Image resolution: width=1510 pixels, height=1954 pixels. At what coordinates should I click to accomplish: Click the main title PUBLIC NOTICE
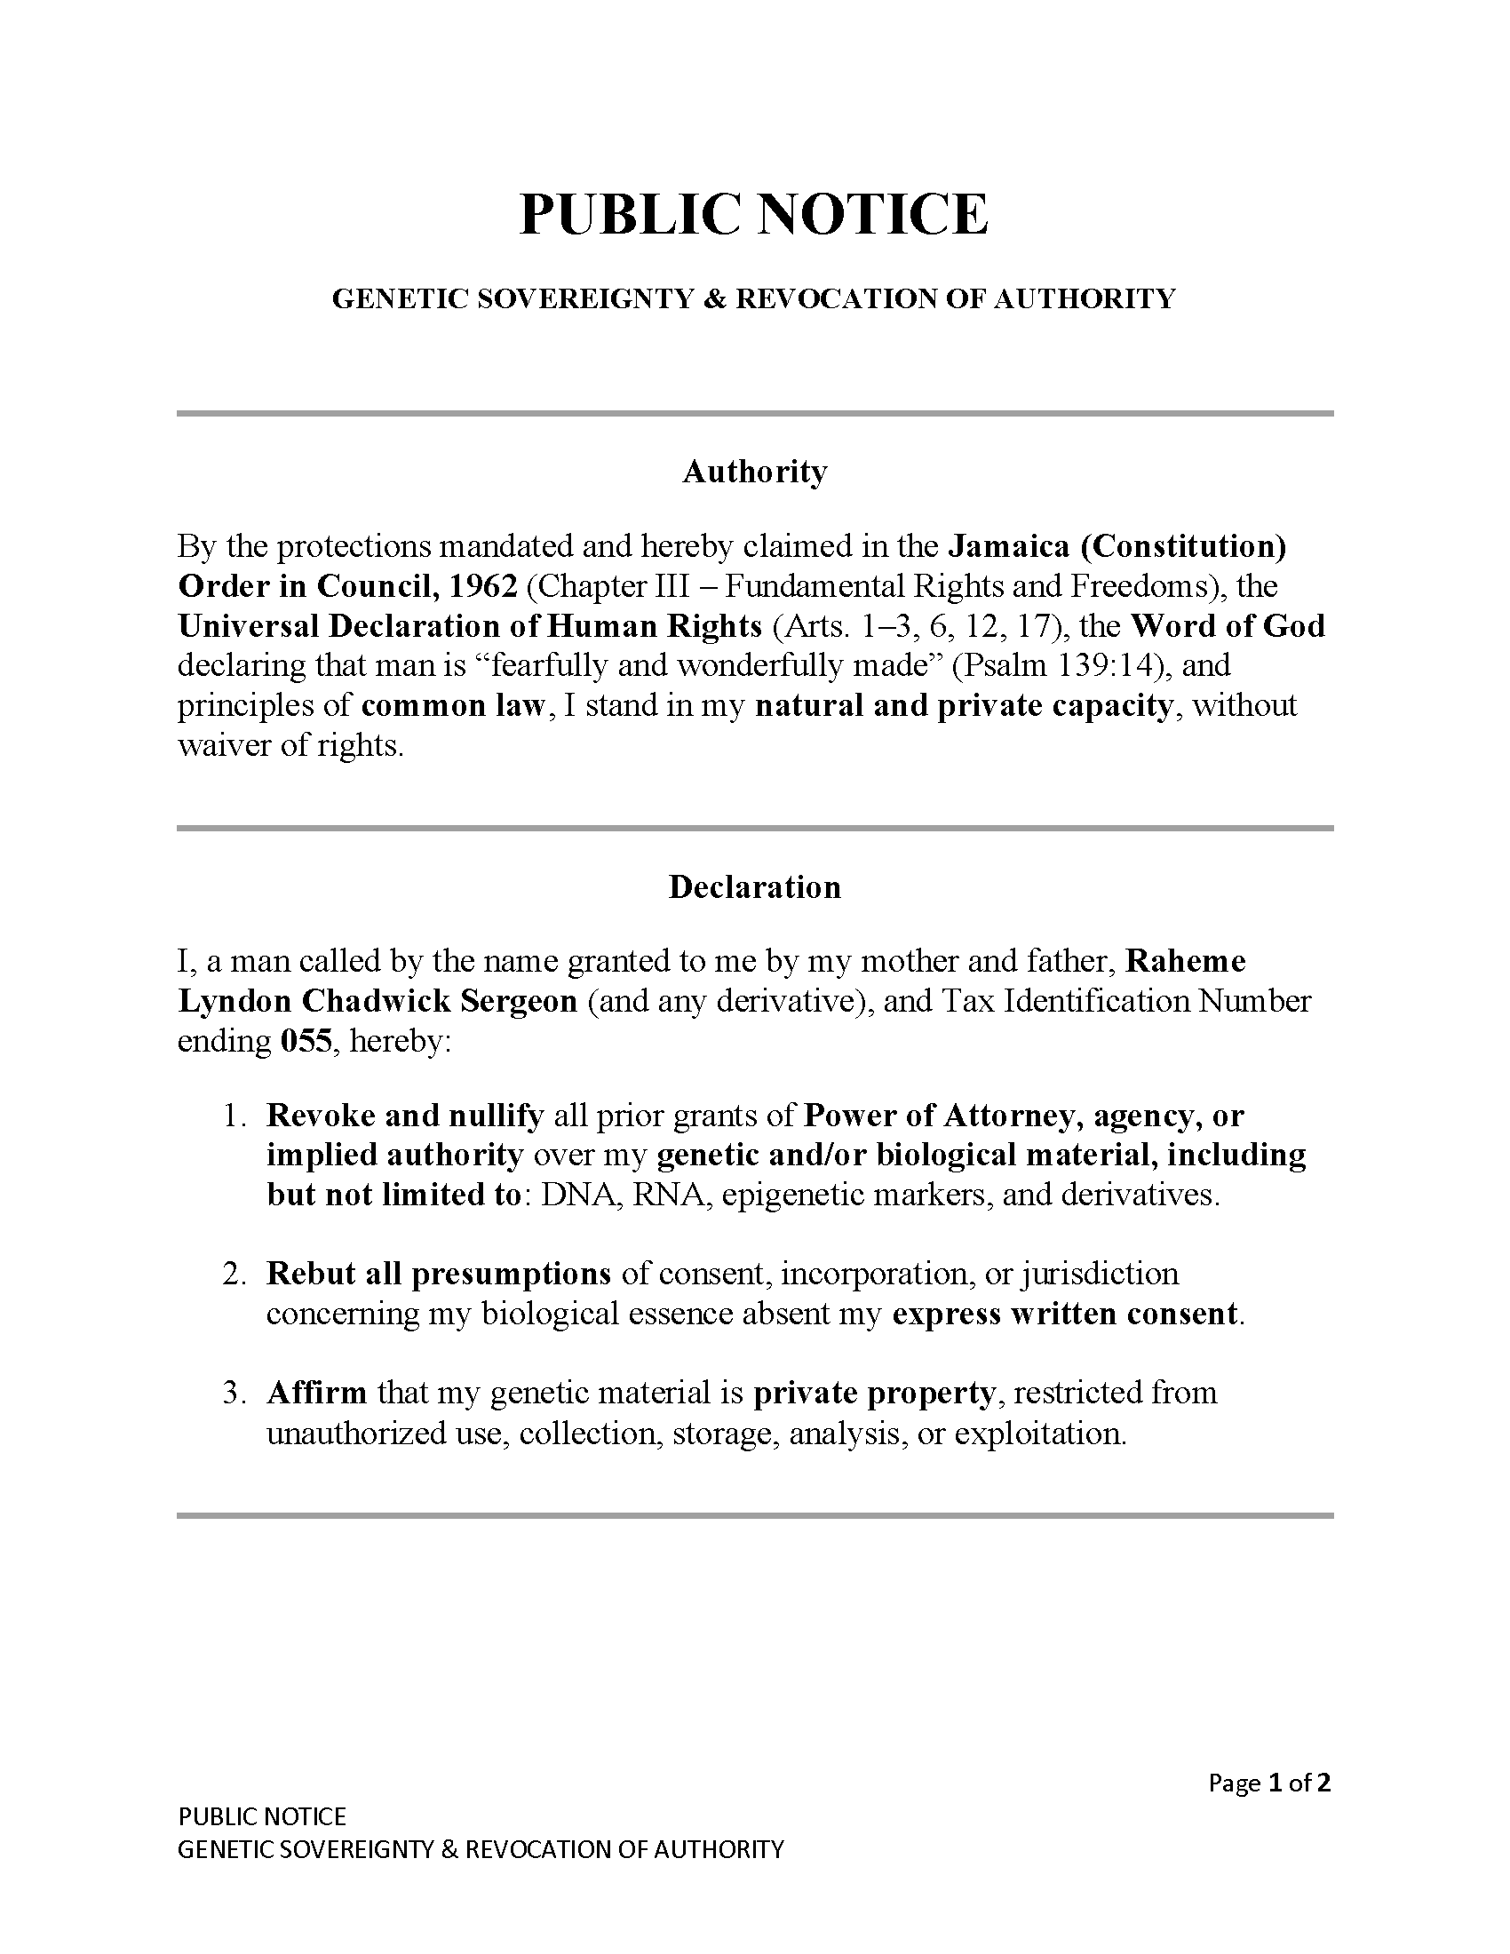(754, 215)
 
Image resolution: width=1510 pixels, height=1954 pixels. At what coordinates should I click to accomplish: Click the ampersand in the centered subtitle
(715, 298)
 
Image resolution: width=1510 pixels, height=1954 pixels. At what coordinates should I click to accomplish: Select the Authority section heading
(754, 472)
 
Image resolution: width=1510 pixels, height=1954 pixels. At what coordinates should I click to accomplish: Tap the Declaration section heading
(754, 886)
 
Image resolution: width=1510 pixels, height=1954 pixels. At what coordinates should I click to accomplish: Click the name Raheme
(1185, 961)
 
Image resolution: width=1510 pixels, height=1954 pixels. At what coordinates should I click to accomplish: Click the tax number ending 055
(306, 1041)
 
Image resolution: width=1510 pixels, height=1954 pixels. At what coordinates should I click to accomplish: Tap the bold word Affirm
(317, 1393)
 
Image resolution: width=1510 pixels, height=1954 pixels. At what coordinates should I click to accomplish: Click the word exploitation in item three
(1038, 1434)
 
